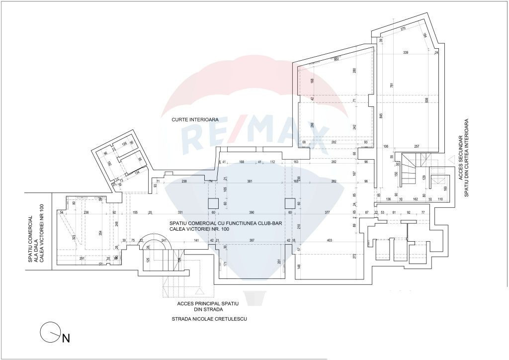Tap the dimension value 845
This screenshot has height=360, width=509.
point(381,116)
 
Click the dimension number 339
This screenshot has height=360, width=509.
point(406,52)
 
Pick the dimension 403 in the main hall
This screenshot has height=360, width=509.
point(329,240)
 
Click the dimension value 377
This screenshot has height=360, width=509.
point(327,212)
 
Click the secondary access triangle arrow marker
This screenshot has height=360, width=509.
point(451,160)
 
